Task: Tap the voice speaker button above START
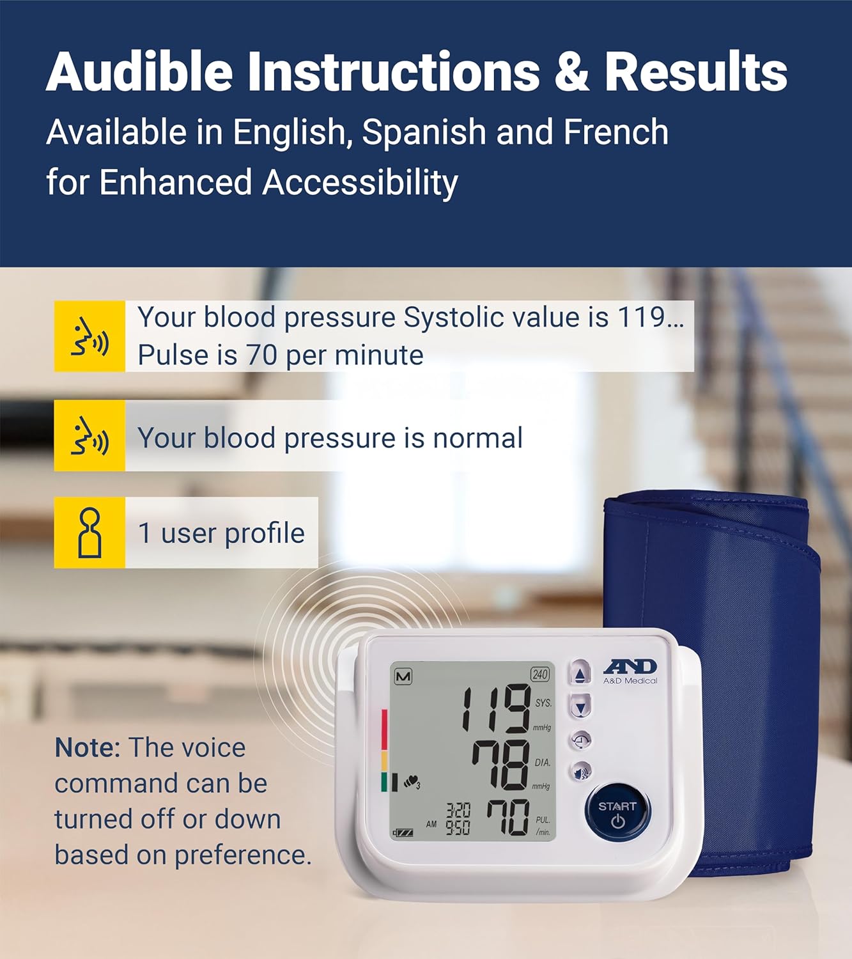pyautogui.click(x=581, y=772)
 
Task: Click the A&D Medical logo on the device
pyautogui.click(x=630, y=672)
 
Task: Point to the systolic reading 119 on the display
pyautogui.click(x=496, y=708)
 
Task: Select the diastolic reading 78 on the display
pyautogui.click(x=502, y=765)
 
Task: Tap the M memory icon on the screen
pyautogui.click(x=403, y=677)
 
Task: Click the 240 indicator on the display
pyautogui.click(x=539, y=674)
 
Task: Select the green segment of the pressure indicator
pyautogui.click(x=384, y=781)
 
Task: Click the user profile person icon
pyautogui.click(x=90, y=533)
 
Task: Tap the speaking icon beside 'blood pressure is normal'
pyautogui.click(x=90, y=435)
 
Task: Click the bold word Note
pyautogui.click(x=88, y=748)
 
